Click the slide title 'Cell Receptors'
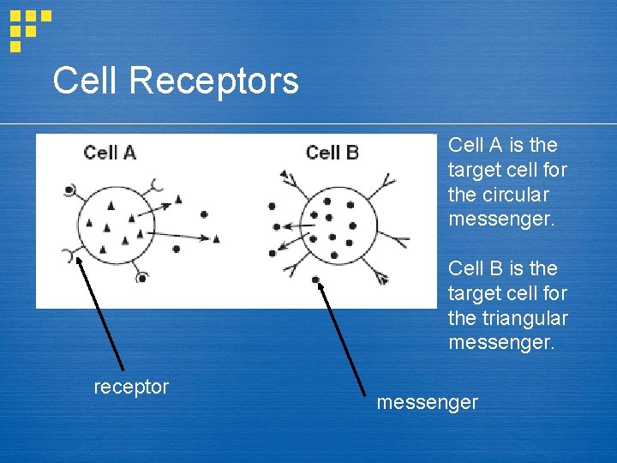pyautogui.click(x=176, y=81)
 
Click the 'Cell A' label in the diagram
pyautogui.click(x=110, y=153)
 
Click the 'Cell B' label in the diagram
pyautogui.click(x=332, y=153)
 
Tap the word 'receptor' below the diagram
pyautogui.click(x=131, y=387)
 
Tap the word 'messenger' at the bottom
pyautogui.click(x=427, y=402)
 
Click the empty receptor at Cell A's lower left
pyautogui.click(x=68, y=254)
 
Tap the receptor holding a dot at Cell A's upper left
pyautogui.click(x=67, y=190)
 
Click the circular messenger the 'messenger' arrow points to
pyautogui.click(x=316, y=280)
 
